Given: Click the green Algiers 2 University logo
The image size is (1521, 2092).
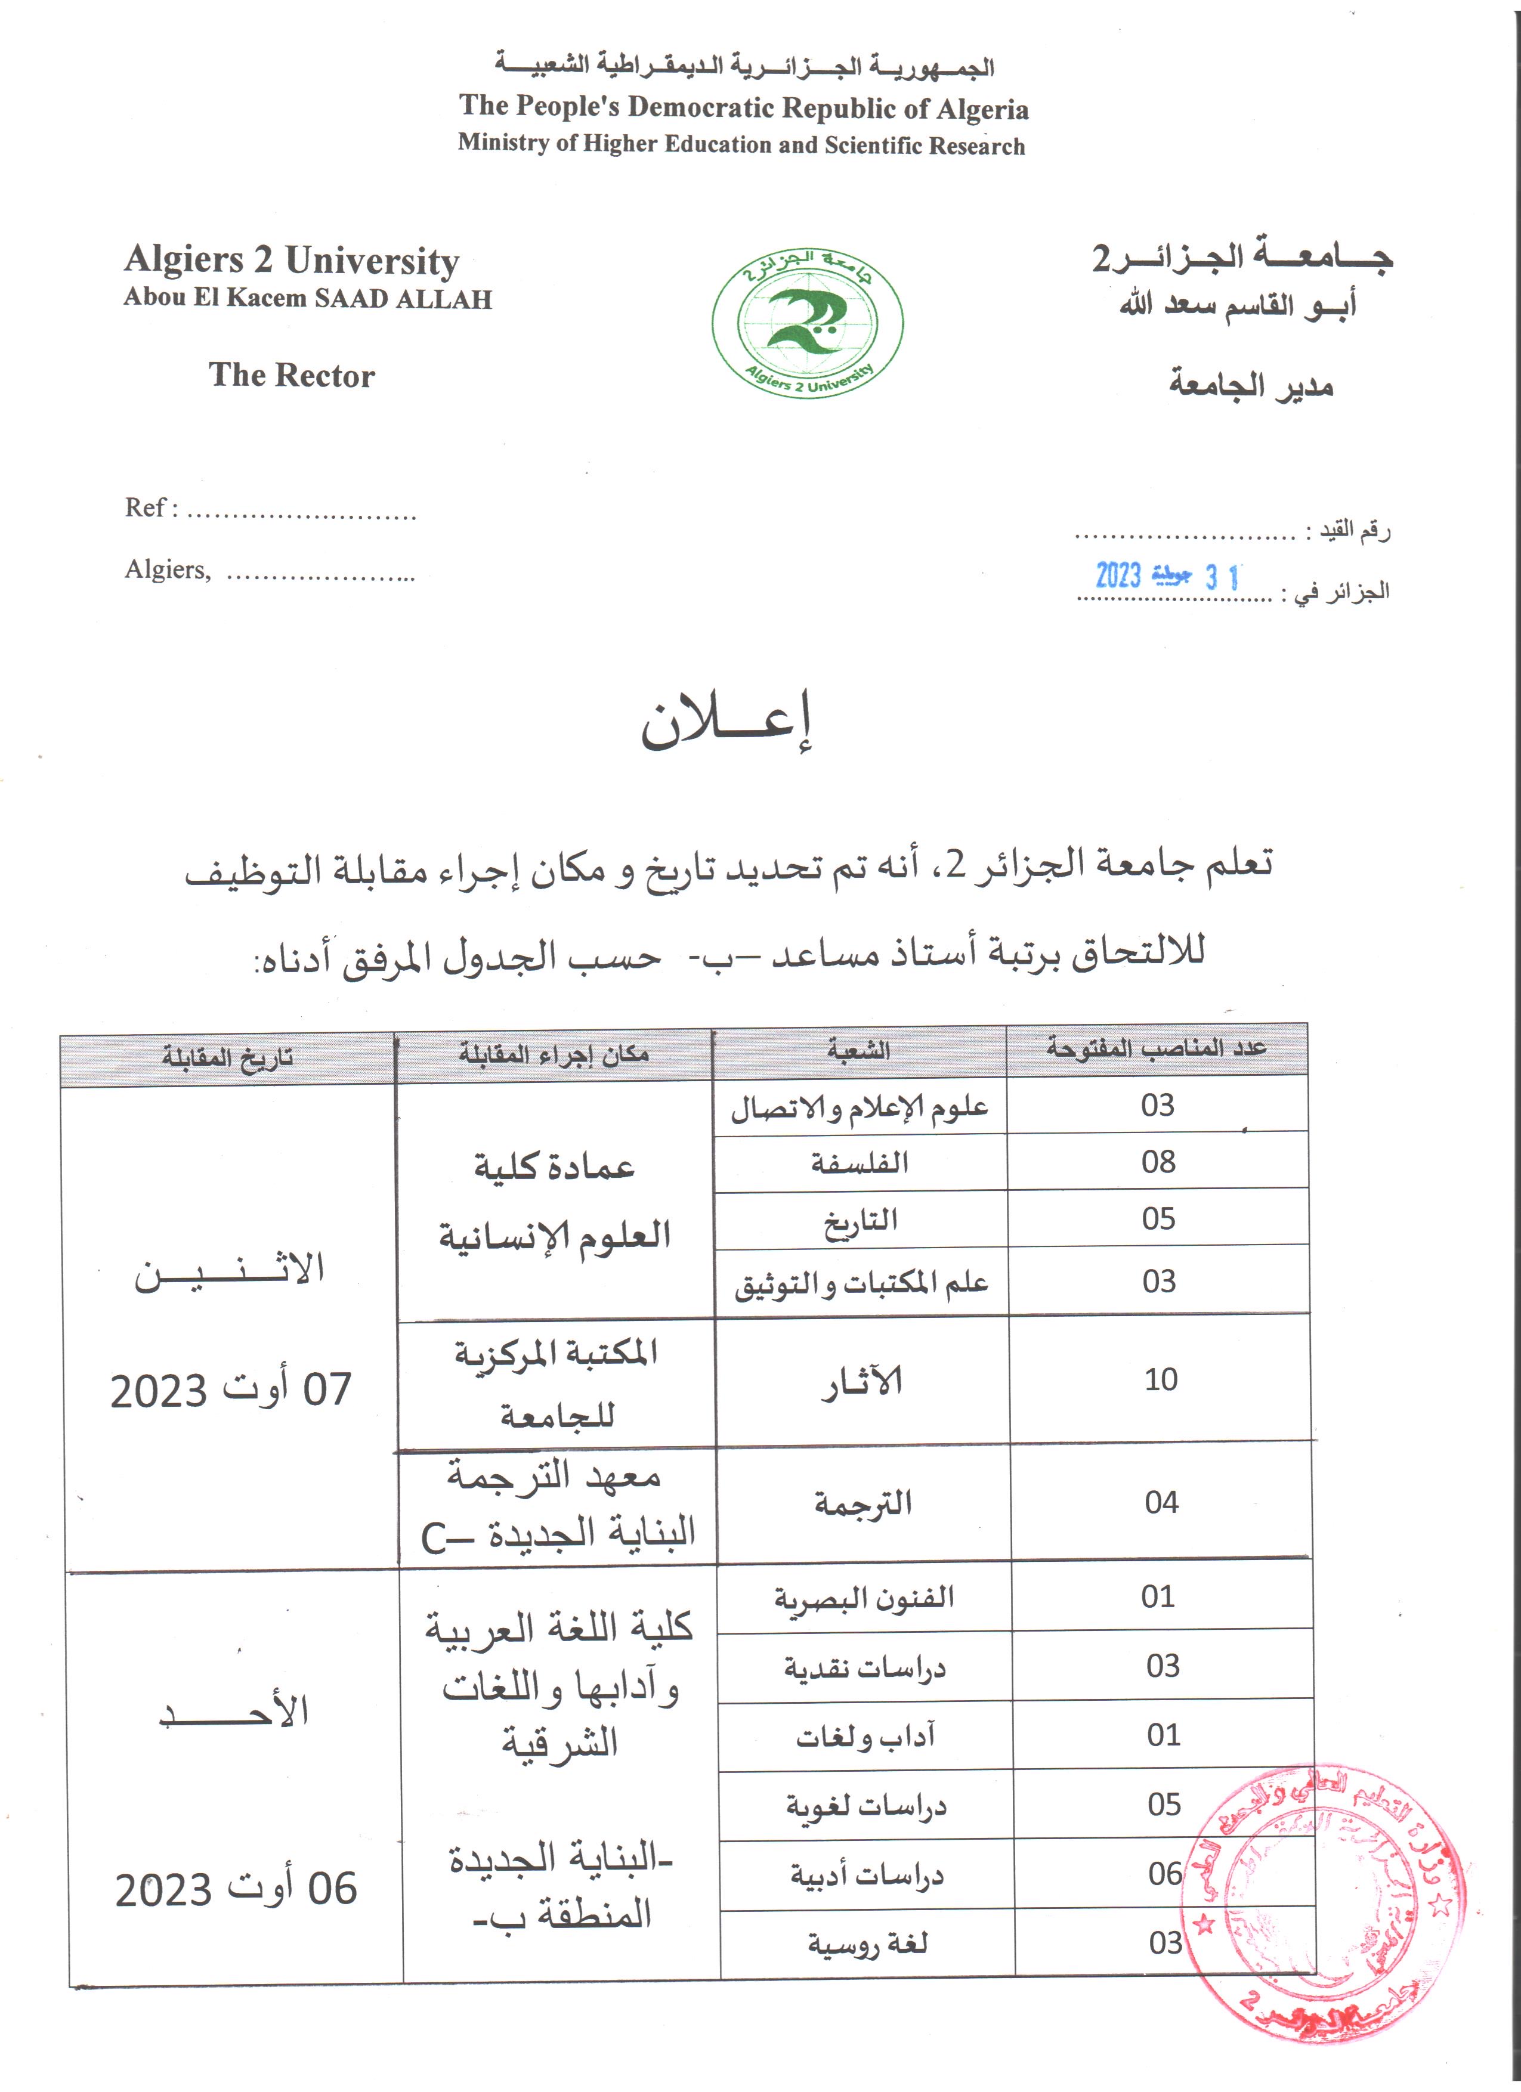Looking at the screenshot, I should (807, 323).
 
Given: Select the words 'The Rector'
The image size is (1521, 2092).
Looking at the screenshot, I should (292, 376).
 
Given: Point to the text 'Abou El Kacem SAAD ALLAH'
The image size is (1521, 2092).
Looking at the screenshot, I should (308, 298).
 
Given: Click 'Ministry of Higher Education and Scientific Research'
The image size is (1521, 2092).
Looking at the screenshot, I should (741, 145).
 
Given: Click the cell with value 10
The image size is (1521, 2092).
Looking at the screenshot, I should (1160, 1379).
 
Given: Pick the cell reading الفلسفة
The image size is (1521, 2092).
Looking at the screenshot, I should (860, 1163).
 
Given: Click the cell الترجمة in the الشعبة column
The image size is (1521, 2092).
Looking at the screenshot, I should (862, 1503).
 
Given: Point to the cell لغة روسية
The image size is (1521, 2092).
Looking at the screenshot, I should (867, 1944).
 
